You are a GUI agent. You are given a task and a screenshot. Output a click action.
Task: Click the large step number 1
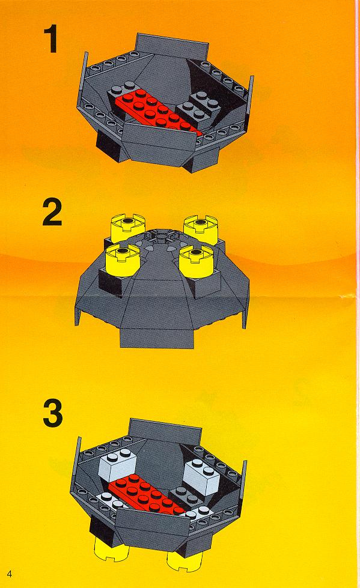50,40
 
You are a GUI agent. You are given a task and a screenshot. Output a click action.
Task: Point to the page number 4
10,574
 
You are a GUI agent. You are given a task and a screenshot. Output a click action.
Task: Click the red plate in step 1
157,112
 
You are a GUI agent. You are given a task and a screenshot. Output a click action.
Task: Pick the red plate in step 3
150,494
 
